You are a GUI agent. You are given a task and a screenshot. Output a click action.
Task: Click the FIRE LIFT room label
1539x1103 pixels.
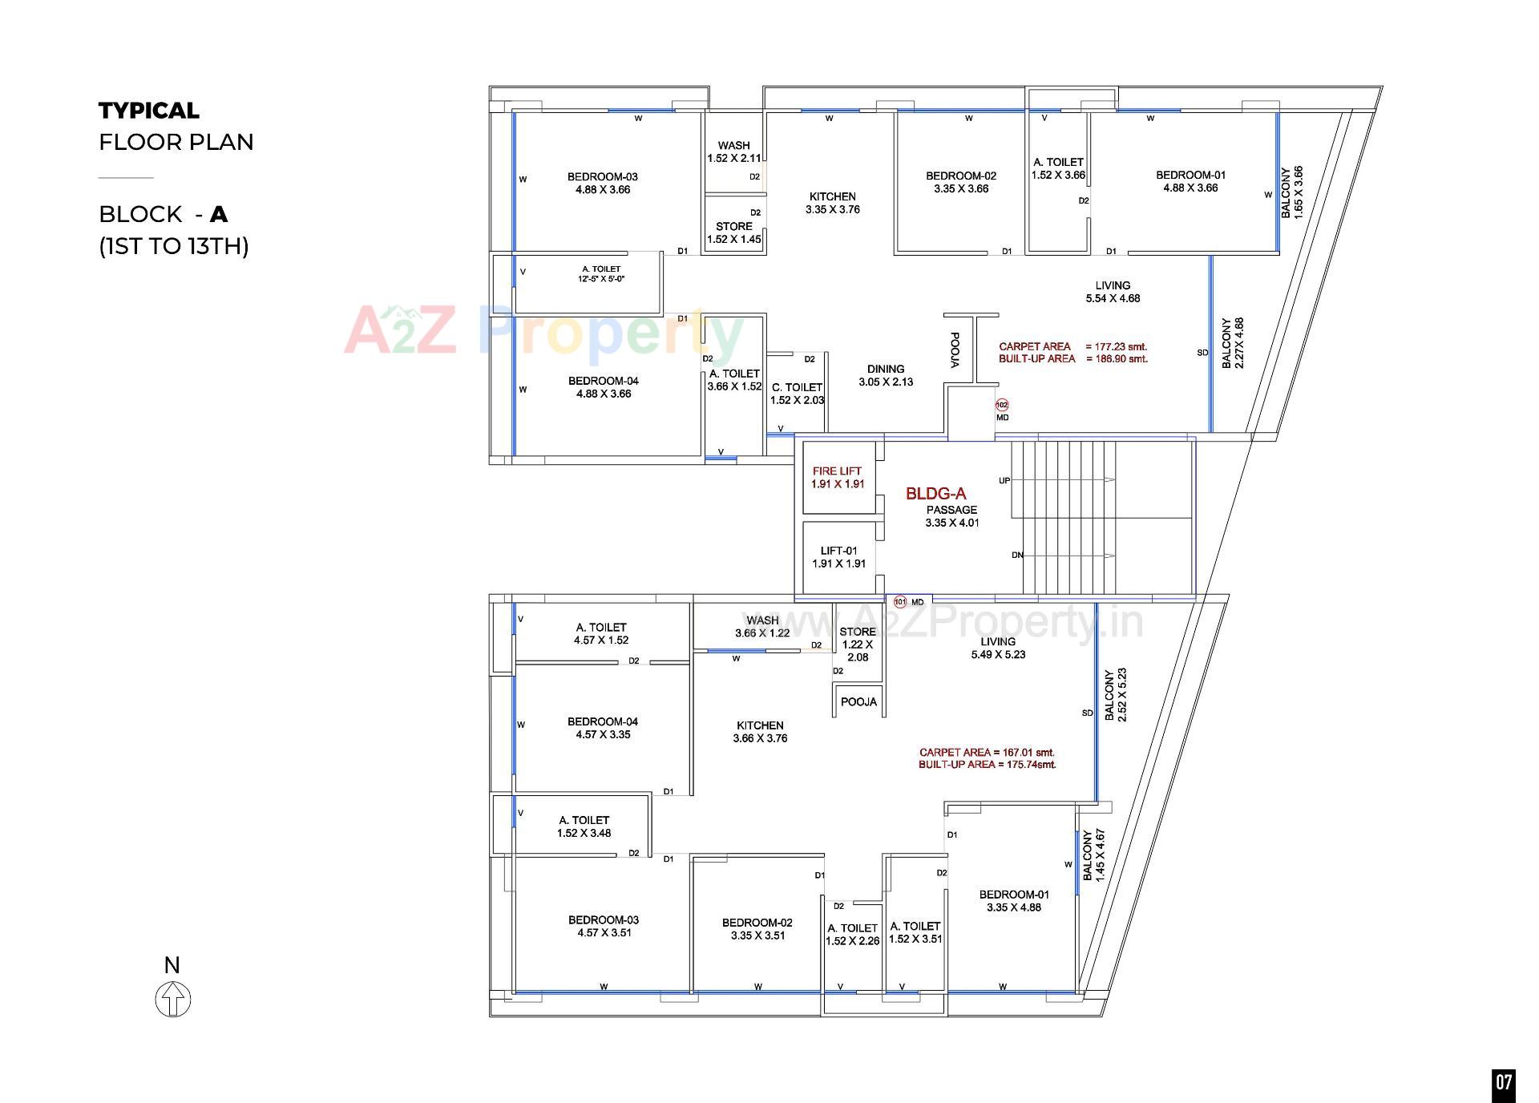(x=837, y=471)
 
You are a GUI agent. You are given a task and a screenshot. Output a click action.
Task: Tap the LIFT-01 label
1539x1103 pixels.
(x=838, y=551)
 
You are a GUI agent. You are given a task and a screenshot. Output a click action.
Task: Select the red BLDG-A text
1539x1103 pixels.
(x=935, y=494)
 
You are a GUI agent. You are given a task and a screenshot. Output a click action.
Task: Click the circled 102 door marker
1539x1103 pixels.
(x=1001, y=405)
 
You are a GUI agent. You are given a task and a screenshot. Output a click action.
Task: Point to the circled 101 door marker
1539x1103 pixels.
(x=899, y=601)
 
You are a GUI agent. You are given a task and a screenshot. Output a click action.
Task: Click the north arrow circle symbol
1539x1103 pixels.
(x=172, y=1000)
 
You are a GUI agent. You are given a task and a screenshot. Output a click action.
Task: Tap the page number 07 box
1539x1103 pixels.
(x=1503, y=1083)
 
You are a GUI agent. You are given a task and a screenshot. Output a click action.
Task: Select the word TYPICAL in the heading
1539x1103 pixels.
(x=148, y=111)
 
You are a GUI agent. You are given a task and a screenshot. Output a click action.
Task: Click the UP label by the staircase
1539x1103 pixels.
(x=1004, y=481)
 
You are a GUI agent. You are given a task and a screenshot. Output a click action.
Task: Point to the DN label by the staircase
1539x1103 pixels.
(x=1017, y=555)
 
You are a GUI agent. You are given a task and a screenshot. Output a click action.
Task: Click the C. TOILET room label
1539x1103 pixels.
(x=797, y=387)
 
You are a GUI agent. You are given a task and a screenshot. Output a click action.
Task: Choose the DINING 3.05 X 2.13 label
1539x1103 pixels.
(x=886, y=375)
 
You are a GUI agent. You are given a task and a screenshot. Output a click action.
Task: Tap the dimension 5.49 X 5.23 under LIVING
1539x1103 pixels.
(x=998, y=654)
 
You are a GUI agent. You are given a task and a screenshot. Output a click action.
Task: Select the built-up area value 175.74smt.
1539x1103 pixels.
(x=1031, y=764)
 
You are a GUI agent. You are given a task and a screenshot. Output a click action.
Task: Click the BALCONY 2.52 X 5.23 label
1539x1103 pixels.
(x=1115, y=695)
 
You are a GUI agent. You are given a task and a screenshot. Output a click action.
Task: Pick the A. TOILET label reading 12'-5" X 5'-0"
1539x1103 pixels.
(x=601, y=273)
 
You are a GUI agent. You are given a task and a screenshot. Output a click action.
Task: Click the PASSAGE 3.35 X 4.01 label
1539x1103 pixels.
(x=952, y=516)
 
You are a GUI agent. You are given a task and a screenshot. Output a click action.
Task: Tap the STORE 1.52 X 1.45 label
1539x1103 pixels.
(x=733, y=232)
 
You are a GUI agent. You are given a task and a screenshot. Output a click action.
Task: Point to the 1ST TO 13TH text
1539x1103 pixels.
(x=174, y=245)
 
